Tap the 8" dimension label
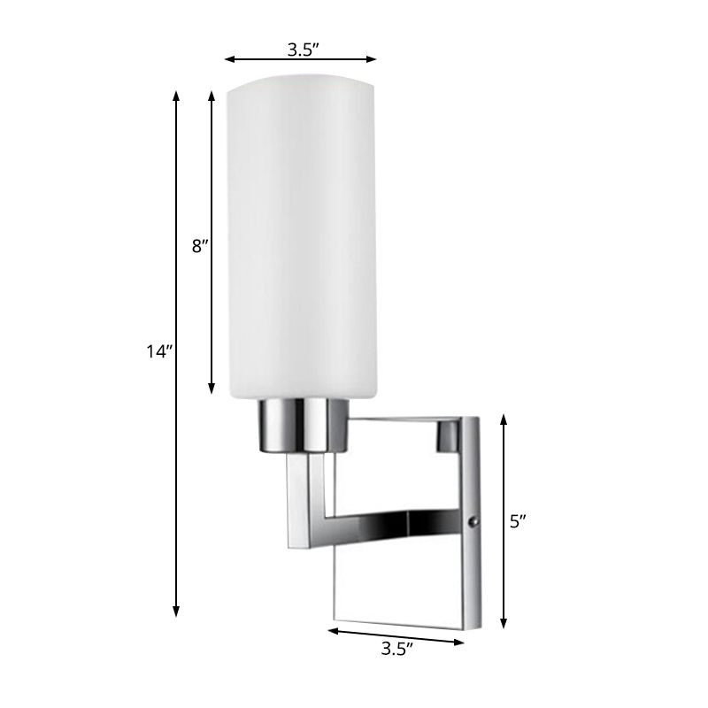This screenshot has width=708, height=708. click(x=199, y=247)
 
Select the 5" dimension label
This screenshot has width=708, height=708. click(x=519, y=521)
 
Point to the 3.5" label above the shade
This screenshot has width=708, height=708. click(x=301, y=50)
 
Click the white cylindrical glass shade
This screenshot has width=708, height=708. click(x=303, y=239)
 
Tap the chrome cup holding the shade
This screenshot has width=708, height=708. click(x=302, y=424)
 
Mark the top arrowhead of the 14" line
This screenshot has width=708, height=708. click(x=177, y=93)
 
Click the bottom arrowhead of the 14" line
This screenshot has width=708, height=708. click(x=177, y=612)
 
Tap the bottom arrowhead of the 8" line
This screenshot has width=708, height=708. click(x=212, y=389)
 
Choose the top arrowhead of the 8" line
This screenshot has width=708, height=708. click(x=212, y=93)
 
